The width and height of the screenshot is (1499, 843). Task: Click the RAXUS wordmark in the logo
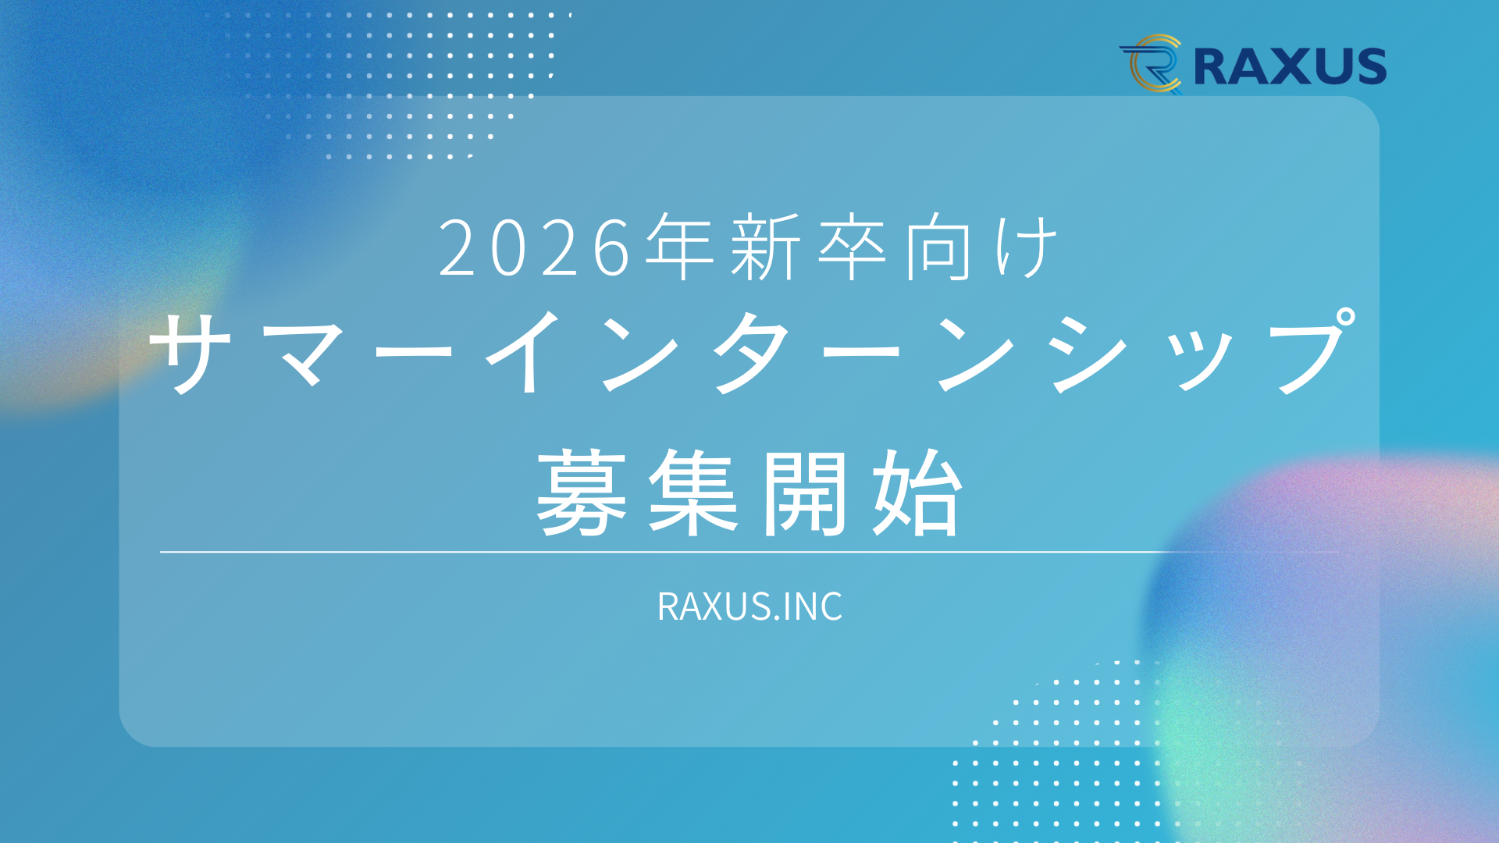[x=1290, y=66]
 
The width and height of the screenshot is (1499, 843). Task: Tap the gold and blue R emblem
[x=1152, y=64]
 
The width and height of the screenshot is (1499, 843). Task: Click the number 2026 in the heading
[x=535, y=248]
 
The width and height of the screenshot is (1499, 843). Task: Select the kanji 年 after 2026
[x=680, y=247]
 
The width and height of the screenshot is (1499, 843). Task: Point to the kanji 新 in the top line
[x=766, y=247]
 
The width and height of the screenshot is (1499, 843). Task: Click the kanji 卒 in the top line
[x=852, y=247]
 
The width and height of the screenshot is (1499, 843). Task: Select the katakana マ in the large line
[x=304, y=355]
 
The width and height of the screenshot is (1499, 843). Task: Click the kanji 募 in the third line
[x=582, y=492]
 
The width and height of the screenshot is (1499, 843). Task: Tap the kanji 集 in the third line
[x=694, y=492]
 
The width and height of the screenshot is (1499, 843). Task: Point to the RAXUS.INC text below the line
[x=749, y=606]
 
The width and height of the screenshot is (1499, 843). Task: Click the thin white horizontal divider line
[x=749, y=552]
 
